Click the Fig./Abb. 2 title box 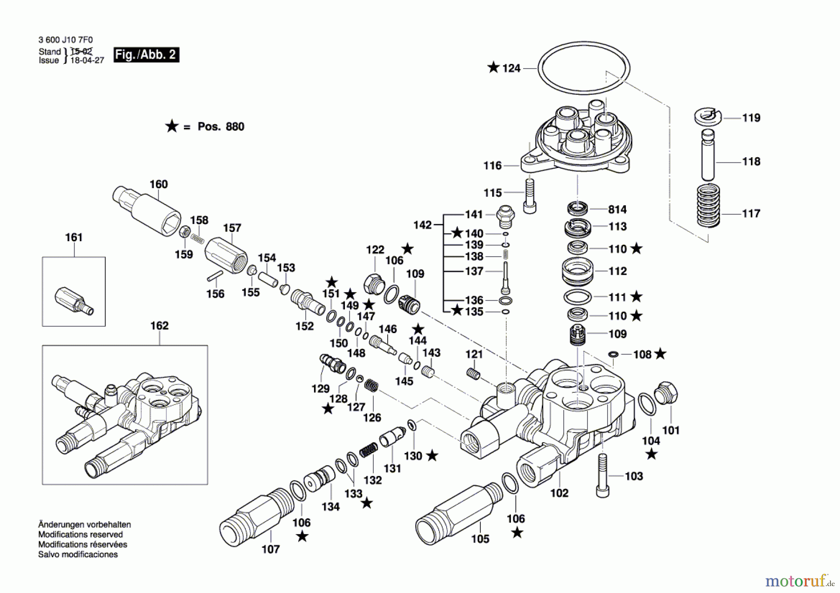(146, 55)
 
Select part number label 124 (511, 68)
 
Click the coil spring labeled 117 (708, 206)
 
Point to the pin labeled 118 (708, 156)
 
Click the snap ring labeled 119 (707, 117)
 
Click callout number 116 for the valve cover (492, 166)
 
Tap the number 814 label (617, 209)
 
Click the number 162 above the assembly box (159, 326)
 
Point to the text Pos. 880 (221, 127)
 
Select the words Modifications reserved (80, 535)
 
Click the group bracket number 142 (422, 225)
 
